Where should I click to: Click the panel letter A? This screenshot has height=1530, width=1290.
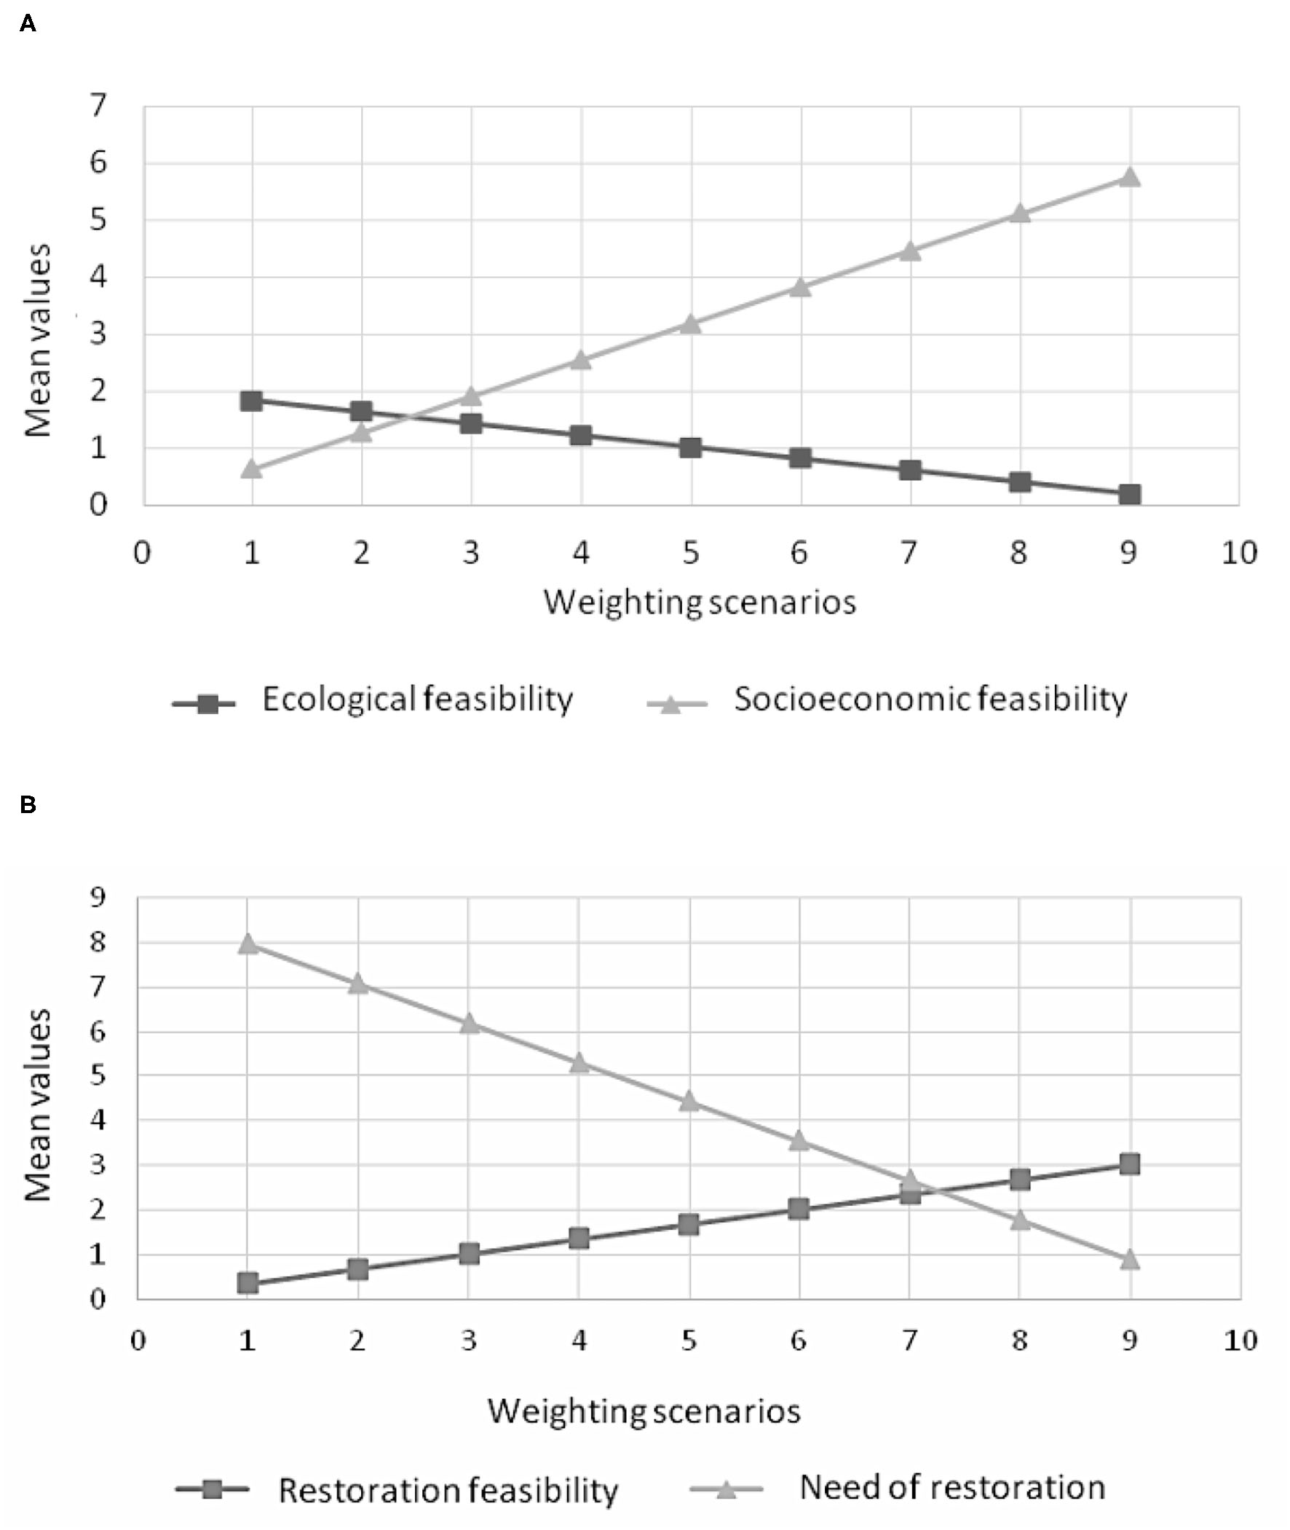[28, 25]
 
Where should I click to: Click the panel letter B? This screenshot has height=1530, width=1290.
[28, 805]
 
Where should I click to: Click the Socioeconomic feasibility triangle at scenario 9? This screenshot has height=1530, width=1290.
[1129, 177]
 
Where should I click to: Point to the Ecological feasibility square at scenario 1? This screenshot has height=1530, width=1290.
[252, 400]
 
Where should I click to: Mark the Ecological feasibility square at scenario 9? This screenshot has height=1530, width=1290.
[1129, 495]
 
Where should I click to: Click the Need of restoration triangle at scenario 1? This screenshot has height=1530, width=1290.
[248, 943]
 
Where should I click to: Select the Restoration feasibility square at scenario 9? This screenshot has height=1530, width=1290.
[1130, 1164]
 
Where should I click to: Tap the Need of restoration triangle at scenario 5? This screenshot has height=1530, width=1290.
[689, 1100]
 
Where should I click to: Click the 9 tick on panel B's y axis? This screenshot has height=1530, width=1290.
[97, 897]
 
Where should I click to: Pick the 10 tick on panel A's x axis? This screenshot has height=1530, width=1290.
[1239, 553]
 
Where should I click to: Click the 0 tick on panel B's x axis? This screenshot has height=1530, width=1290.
[138, 1341]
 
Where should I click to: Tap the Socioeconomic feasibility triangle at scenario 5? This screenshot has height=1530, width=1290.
[690, 323]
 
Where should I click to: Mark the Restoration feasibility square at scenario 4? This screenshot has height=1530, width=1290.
[579, 1238]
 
